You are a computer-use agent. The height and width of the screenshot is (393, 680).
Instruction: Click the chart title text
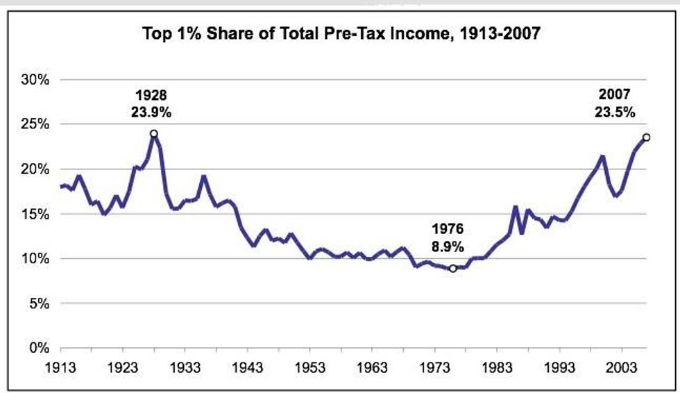tap(339, 32)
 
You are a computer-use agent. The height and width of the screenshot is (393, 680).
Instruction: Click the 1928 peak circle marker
tap(153, 133)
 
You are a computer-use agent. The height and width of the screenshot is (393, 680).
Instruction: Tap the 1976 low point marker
tap(452, 268)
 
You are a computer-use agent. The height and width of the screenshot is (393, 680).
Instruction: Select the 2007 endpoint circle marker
tap(646, 137)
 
